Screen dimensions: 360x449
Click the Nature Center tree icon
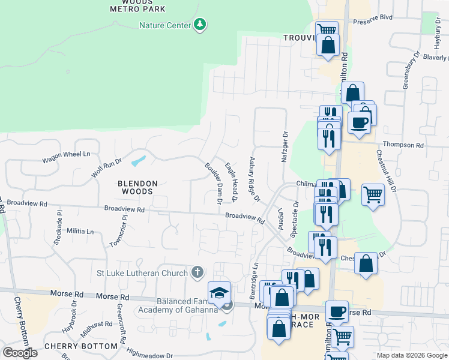[x=200, y=25]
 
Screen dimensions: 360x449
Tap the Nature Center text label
[x=164, y=25]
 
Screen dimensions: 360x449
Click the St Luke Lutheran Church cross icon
[x=196, y=274]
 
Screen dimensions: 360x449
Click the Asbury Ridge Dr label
[x=255, y=179]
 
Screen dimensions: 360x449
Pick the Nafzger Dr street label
[x=285, y=148]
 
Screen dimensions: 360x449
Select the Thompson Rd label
[x=403, y=145]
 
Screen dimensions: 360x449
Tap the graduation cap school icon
[x=219, y=293]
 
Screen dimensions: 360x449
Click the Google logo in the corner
[x=20, y=352]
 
